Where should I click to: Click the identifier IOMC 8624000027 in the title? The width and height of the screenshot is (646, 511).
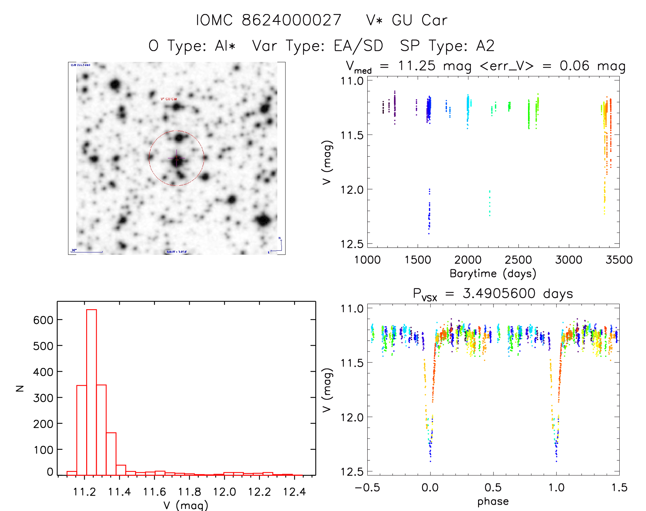click(x=269, y=20)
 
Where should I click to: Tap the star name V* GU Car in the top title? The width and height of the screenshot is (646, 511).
click(x=407, y=20)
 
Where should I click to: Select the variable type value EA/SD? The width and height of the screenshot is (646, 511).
click(x=358, y=46)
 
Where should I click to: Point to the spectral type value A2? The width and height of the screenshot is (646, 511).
click(x=485, y=46)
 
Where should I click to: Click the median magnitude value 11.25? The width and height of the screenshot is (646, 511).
click(x=417, y=66)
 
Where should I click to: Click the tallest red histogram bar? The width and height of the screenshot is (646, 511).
click(x=92, y=392)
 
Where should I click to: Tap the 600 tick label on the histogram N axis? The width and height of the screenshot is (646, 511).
click(x=43, y=320)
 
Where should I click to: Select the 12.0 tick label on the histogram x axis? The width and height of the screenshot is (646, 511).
click(x=224, y=492)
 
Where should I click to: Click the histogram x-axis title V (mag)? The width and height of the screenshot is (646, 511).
click(x=186, y=505)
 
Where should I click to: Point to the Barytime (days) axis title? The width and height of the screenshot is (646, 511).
click(x=493, y=274)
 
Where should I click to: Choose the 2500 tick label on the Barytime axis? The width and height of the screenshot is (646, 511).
click(x=518, y=260)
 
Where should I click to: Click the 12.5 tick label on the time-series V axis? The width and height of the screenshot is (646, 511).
click(x=352, y=244)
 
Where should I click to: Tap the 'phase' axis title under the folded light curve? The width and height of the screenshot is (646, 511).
click(x=493, y=501)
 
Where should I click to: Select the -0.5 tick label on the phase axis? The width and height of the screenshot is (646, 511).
click(x=367, y=487)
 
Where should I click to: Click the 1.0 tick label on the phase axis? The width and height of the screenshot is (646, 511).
click(x=556, y=487)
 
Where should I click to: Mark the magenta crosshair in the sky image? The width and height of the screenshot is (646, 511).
click(x=177, y=158)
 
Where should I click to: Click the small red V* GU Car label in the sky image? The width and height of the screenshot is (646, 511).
click(x=169, y=99)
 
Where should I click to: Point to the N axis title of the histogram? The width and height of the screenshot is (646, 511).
click(x=20, y=388)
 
